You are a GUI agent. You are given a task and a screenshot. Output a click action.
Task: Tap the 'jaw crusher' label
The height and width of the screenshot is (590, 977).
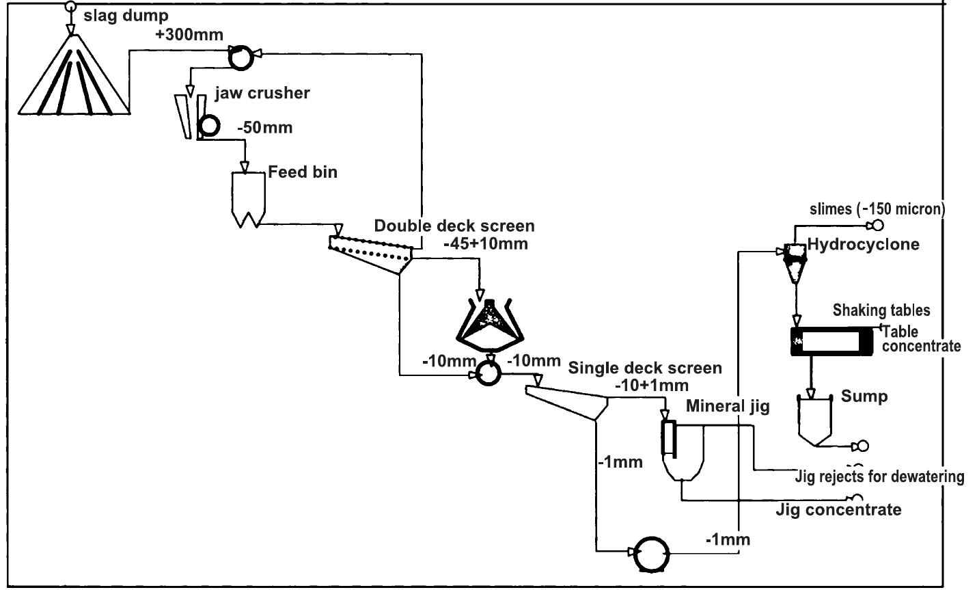tap(262, 93)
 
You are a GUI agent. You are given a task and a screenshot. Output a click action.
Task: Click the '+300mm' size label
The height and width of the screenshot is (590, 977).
tap(189, 35)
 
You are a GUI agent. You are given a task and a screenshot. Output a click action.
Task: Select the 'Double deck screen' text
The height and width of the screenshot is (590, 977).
tap(454, 226)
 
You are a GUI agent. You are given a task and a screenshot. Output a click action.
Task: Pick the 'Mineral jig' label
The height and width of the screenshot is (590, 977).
tap(728, 407)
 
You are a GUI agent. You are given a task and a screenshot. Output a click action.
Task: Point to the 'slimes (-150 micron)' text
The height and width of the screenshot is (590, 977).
tap(877, 209)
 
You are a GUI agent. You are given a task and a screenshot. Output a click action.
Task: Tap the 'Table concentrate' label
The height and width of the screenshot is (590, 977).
tap(921, 338)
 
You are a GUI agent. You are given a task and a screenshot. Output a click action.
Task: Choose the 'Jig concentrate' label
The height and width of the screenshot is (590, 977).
tap(838, 509)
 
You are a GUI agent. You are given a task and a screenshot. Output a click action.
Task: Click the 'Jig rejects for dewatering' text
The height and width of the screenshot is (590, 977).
tap(880, 476)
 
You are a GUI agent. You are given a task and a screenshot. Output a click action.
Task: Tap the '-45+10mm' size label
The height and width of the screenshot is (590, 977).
tap(485, 243)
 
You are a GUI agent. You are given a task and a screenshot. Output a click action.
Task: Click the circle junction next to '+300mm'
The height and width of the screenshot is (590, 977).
tap(240, 57)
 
